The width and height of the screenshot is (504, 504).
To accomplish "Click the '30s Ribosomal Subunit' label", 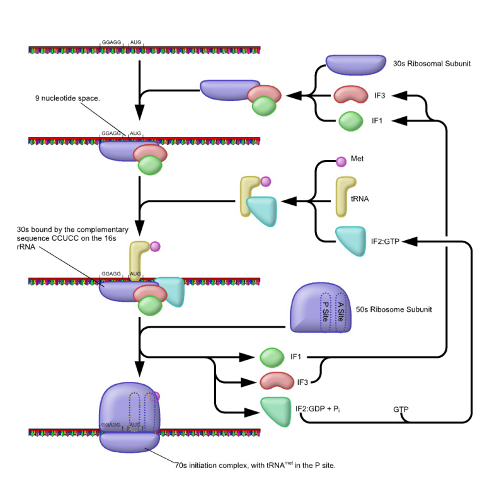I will [432, 64].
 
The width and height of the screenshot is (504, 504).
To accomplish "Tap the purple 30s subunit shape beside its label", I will [355, 64].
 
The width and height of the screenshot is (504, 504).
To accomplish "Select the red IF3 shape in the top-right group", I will [350, 95].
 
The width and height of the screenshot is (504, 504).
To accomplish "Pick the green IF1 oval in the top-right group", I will [350, 120].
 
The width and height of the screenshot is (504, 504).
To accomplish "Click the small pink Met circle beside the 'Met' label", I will [341, 162].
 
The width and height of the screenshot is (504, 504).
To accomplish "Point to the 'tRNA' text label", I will [360, 198].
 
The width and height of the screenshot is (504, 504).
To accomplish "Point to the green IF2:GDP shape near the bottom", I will [275, 410].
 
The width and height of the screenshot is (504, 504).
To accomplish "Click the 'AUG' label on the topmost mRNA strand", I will [135, 43].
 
